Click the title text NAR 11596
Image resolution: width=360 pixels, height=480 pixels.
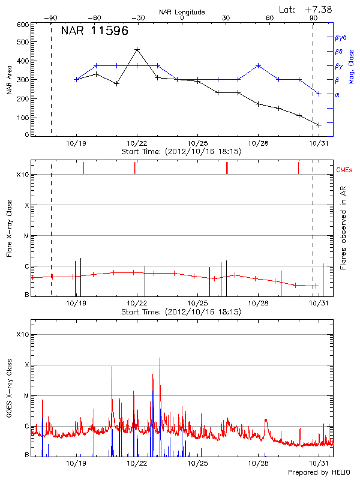coord(95,31)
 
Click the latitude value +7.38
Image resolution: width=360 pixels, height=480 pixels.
coord(318,9)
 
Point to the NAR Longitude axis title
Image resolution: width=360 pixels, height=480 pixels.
coord(182,11)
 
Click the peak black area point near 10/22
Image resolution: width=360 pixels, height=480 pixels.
coord(137,50)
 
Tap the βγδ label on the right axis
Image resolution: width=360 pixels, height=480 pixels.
coord(340,37)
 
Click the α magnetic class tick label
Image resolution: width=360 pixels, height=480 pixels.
coord(337,94)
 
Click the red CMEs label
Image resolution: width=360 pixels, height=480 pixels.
coord(345,170)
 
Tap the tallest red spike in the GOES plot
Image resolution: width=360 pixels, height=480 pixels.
coord(160,359)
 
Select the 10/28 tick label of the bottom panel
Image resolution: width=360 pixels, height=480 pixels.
coord(258,463)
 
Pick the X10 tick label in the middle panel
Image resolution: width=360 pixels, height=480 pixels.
coord(23,175)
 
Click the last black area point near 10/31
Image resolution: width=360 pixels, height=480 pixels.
coord(319,125)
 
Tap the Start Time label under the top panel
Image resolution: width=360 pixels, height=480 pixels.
coord(181,152)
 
